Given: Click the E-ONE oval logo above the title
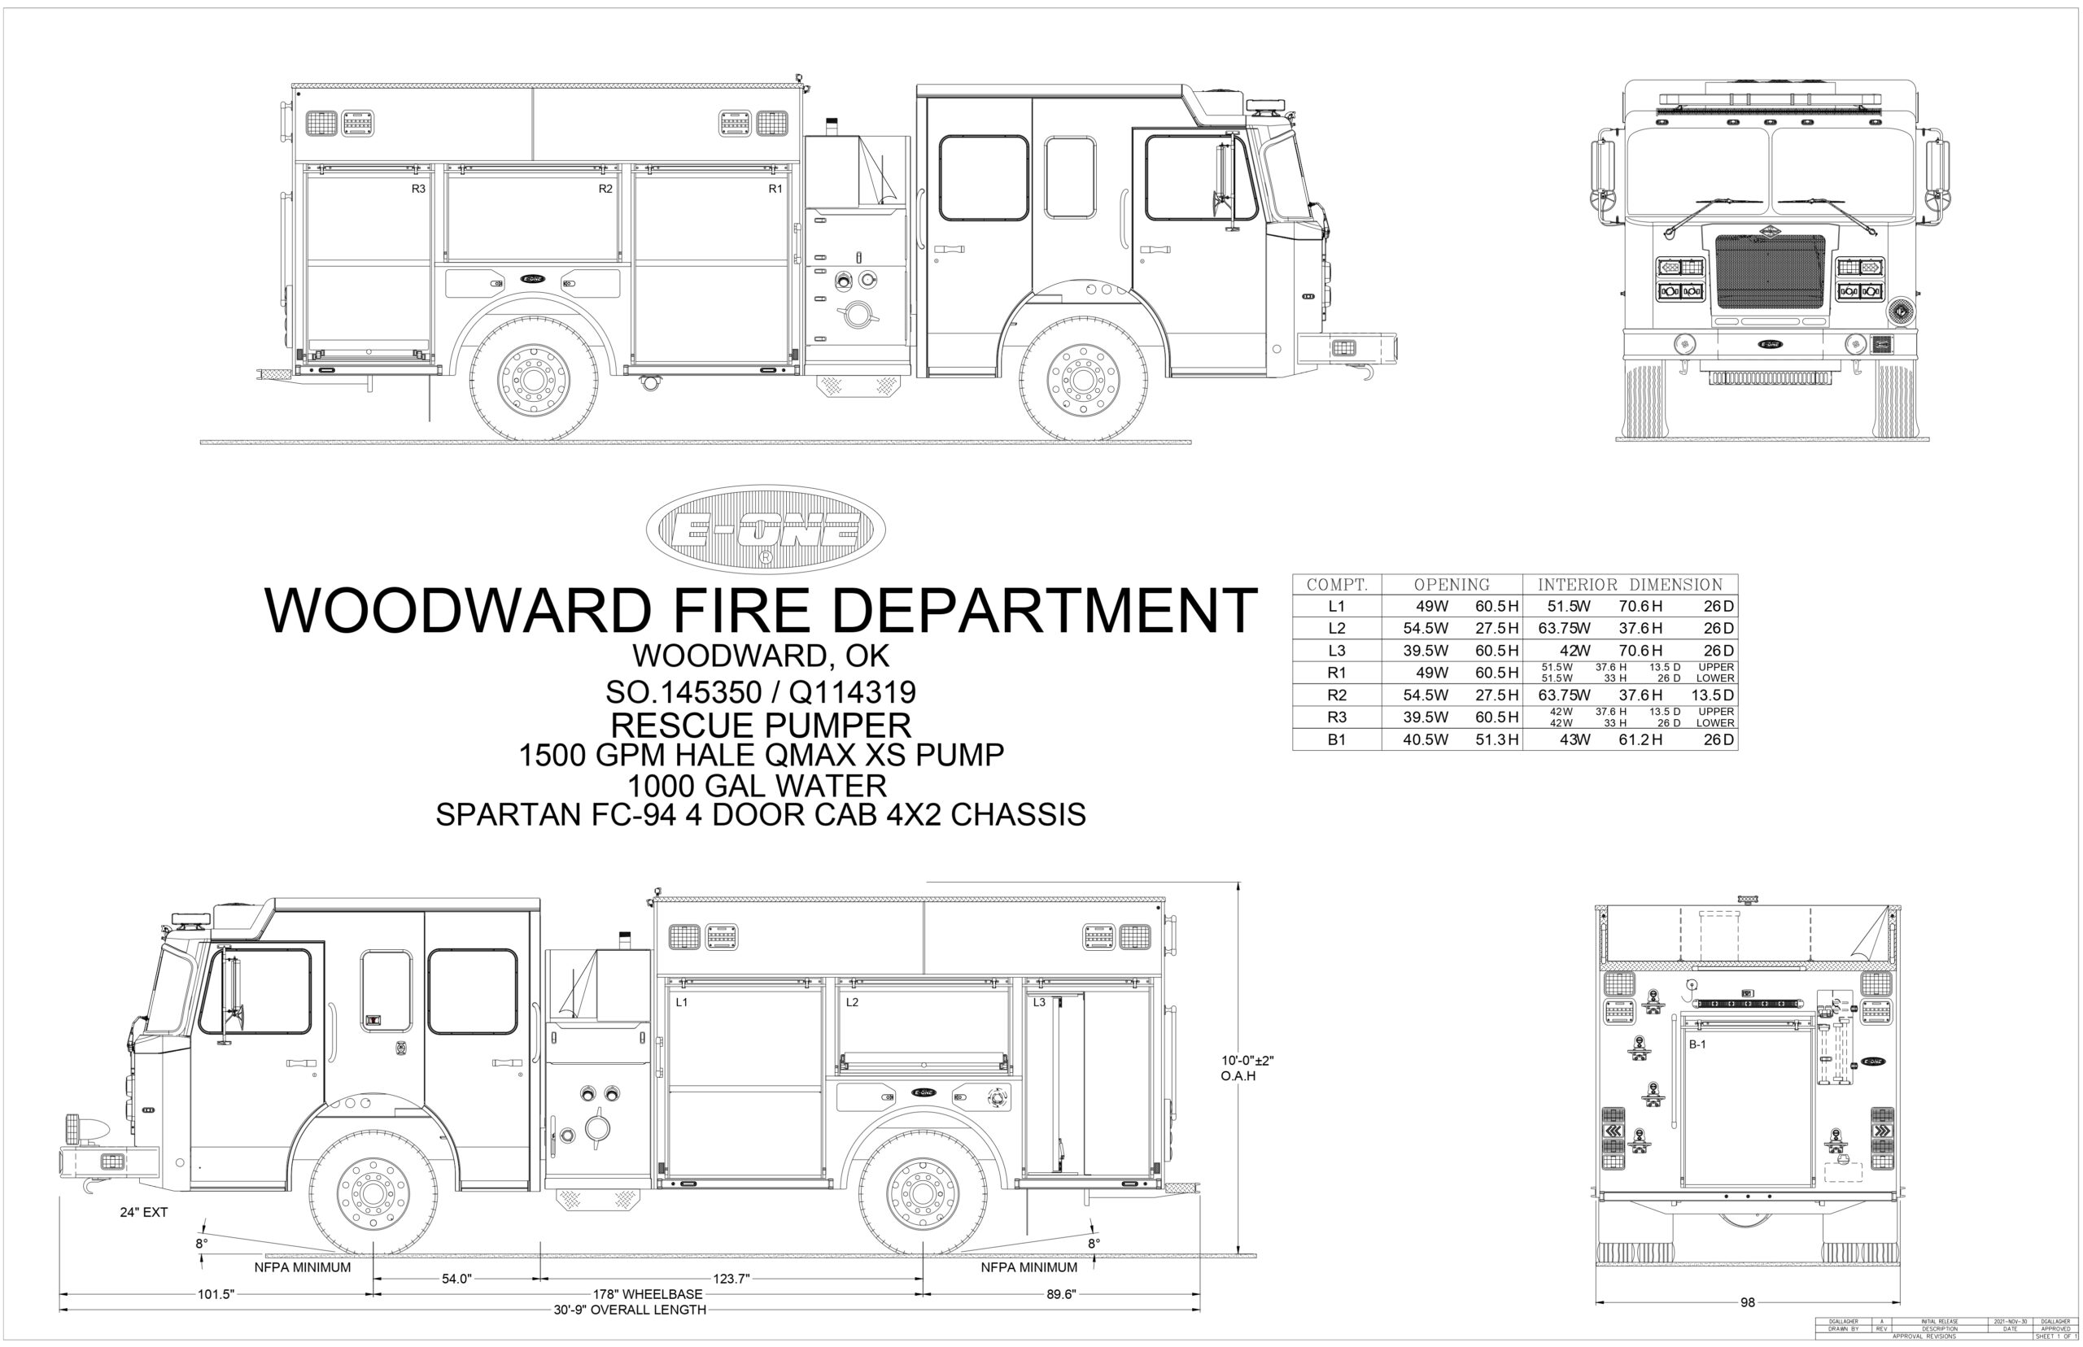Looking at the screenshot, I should [766, 530].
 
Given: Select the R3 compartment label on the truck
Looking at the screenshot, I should [418, 189].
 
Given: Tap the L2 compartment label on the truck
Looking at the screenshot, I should [852, 1002].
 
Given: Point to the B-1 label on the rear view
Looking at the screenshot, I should [1697, 1044].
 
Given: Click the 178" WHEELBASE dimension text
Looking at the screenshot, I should [648, 1293].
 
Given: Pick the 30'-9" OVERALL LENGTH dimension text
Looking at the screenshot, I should [629, 1310].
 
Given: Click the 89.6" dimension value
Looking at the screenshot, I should [1060, 1293].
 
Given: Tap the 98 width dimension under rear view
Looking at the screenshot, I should [1747, 1302].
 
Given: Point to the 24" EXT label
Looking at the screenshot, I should [143, 1212].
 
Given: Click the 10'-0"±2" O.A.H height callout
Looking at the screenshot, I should [1247, 1068].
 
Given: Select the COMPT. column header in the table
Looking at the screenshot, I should [1337, 584].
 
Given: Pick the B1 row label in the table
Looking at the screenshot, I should [1337, 740].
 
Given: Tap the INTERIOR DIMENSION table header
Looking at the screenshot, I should [1630, 584].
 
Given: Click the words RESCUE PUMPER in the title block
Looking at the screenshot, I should [760, 725].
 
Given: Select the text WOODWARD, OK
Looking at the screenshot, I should [760, 655].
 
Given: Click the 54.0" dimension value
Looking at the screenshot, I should [456, 1279].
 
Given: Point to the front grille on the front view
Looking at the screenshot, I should [1770, 271].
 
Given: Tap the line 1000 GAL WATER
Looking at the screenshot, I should [760, 785].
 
